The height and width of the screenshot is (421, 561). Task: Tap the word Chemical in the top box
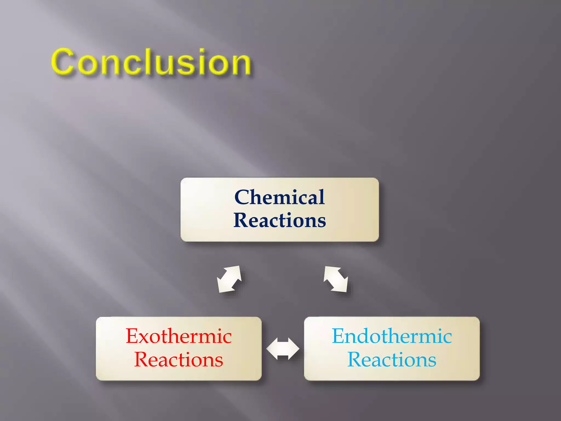pyautogui.click(x=279, y=197)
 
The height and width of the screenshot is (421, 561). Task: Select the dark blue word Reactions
pyautogui.click(x=279, y=220)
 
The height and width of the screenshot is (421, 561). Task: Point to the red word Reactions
pyautogui.click(x=179, y=360)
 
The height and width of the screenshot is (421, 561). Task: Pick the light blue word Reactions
pyautogui.click(x=392, y=360)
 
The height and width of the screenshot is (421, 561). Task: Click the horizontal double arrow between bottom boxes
pyautogui.click(x=283, y=349)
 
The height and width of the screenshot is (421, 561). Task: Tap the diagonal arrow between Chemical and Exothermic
pyautogui.click(x=229, y=279)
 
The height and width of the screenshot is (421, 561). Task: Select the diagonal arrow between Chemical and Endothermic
pyautogui.click(x=336, y=279)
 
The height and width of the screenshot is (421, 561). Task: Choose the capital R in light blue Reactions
pyautogui.click(x=354, y=360)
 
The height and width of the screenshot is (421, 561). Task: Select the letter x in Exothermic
pyautogui.click(x=145, y=338)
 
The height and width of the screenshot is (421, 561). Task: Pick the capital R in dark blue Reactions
pyautogui.click(x=241, y=220)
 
